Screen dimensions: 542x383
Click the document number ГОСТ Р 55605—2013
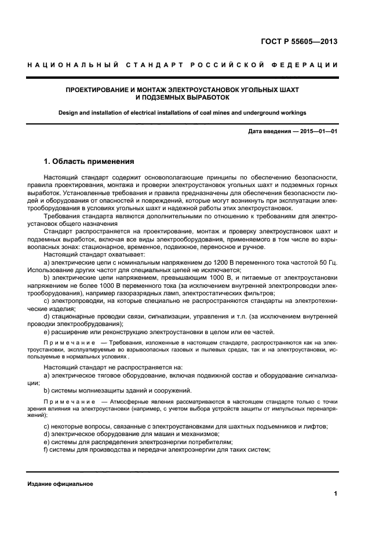(300, 42)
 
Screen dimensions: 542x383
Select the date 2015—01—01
(318, 132)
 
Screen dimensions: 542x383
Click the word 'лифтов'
(316, 426)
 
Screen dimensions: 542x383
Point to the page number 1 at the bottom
(335, 493)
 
